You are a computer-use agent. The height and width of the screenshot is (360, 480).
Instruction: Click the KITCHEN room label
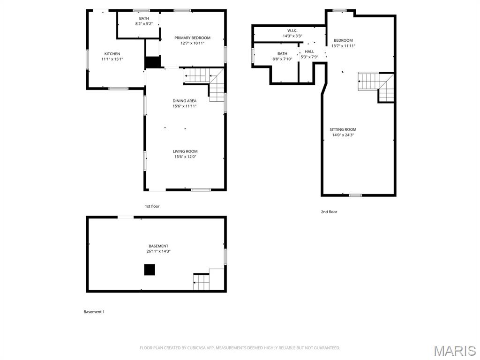click(x=112, y=54)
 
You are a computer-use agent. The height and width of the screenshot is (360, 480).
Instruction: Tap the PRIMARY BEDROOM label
click(x=192, y=38)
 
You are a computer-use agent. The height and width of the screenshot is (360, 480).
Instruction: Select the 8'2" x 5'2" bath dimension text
click(x=144, y=24)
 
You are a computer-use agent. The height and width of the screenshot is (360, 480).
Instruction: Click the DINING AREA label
click(x=185, y=101)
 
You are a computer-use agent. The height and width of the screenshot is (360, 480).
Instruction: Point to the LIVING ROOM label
click(x=185, y=151)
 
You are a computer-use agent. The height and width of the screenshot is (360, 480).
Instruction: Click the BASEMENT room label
click(x=158, y=246)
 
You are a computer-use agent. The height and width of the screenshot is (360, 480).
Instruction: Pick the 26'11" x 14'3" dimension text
click(x=158, y=251)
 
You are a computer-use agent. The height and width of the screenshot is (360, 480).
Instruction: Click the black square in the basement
click(x=149, y=270)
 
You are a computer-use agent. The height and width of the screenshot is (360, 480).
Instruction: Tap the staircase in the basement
click(x=202, y=282)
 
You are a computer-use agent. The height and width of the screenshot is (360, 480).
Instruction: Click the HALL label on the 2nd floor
click(x=309, y=52)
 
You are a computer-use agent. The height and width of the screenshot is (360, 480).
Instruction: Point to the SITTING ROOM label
click(x=343, y=129)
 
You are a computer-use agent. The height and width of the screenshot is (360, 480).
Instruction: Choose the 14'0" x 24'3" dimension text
click(x=343, y=135)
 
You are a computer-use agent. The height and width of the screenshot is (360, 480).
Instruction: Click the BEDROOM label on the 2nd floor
click(x=343, y=40)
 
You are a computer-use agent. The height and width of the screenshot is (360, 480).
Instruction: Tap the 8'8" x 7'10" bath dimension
click(x=282, y=59)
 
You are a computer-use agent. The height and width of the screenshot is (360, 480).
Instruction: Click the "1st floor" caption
click(x=152, y=206)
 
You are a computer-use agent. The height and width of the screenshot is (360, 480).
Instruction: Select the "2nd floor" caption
click(x=329, y=212)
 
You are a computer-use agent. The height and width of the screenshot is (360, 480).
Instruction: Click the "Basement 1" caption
click(x=94, y=312)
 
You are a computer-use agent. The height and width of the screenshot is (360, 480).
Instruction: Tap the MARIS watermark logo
click(x=454, y=350)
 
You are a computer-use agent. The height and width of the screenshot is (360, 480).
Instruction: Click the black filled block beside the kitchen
click(x=153, y=62)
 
